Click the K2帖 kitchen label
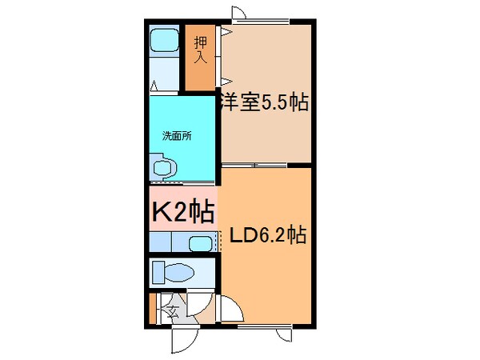click(182, 212)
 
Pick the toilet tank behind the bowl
click(158, 272)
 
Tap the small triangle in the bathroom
click(154, 84)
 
